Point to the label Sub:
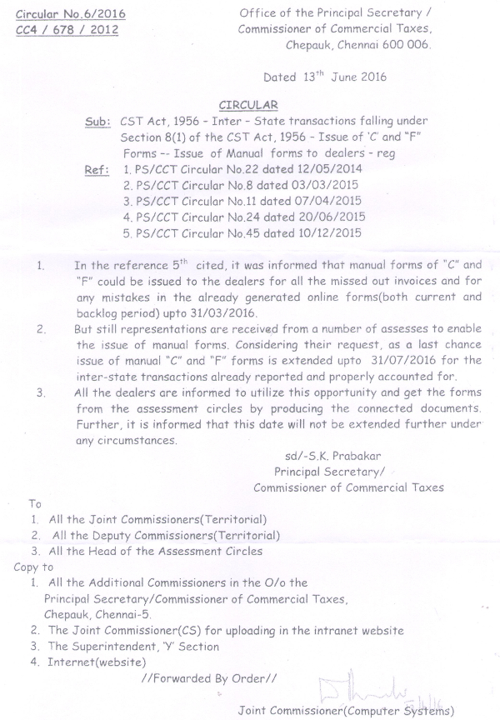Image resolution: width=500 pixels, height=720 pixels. (98, 122)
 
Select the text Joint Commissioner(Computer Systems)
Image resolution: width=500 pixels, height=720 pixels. (346, 711)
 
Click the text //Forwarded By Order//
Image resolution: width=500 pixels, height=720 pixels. (207, 677)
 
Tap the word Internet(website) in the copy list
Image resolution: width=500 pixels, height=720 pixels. (96, 662)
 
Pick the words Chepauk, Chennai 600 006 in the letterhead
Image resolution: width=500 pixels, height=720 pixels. (358, 46)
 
